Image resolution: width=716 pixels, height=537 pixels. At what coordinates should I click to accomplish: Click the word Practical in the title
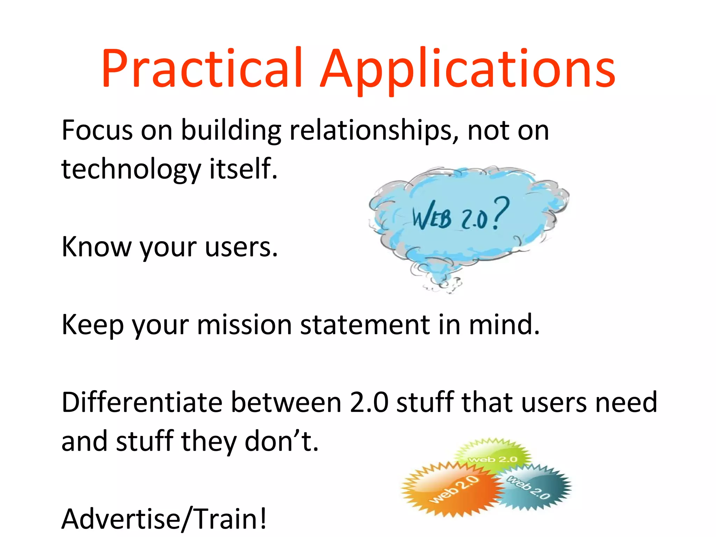202,68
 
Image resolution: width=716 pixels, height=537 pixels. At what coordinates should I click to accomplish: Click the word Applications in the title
467,70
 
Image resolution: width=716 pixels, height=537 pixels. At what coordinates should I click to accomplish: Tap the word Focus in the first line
97,130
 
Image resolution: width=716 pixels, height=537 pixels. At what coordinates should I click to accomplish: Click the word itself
243,169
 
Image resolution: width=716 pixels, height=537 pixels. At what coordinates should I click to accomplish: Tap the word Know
95,247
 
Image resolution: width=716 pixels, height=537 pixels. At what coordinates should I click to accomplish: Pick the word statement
365,325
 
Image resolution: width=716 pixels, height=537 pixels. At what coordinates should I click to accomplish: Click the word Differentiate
142,403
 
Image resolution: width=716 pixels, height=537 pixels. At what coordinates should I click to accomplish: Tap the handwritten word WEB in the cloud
431,216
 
